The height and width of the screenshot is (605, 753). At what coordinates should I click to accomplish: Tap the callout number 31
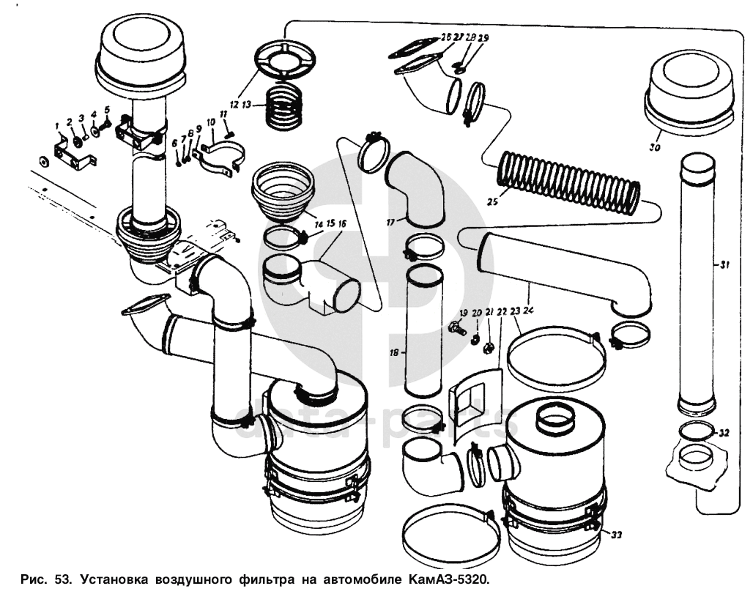coord(723,264)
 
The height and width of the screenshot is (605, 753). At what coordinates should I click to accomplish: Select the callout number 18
coord(394,352)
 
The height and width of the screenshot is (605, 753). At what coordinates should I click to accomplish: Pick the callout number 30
coord(655,147)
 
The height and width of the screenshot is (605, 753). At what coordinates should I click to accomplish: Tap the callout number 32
coord(724,433)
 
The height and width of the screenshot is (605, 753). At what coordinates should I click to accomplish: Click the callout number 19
coord(463,313)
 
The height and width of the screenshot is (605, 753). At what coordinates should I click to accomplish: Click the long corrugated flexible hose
coord(568,182)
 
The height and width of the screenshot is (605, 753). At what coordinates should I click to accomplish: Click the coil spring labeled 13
coord(285,106)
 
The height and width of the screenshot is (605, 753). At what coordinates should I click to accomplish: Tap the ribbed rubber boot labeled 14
coord(282,192)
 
